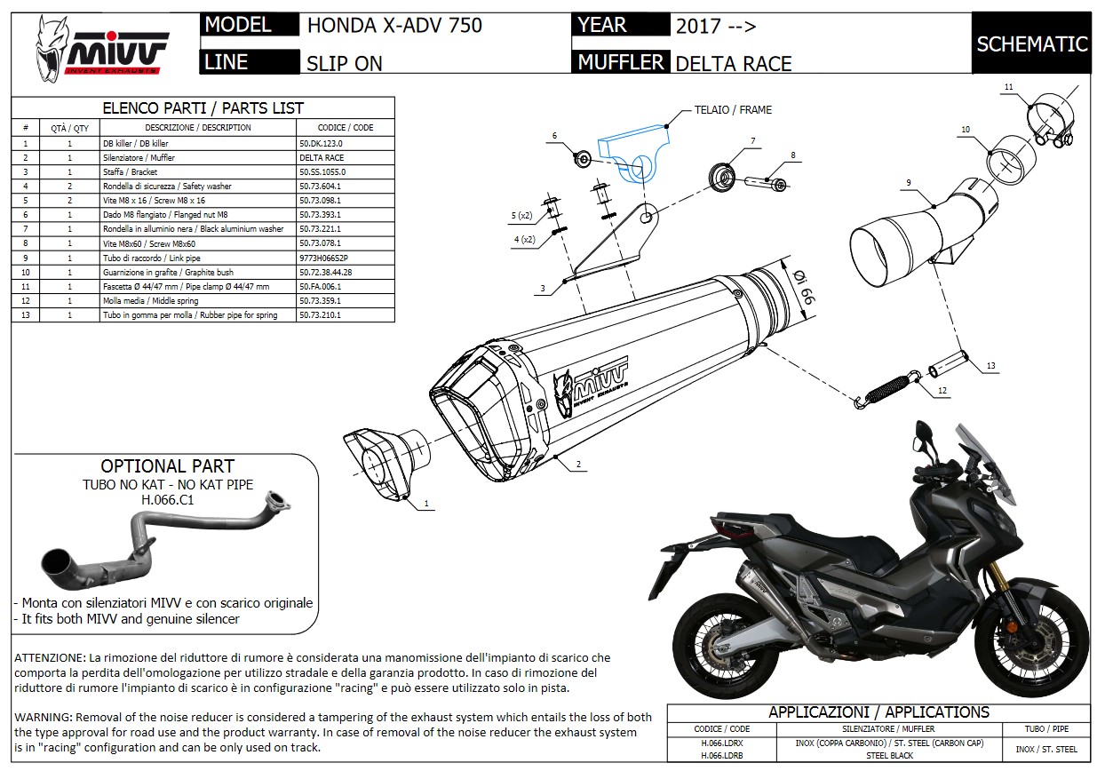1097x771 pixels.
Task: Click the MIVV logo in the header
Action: pos(101,51)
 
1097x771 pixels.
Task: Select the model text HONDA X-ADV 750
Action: pos(394,25)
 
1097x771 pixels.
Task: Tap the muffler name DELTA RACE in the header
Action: pos(733,63)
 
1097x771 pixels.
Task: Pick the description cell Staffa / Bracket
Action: pos(133,171)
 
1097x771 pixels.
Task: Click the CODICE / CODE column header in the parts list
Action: pos(345,128)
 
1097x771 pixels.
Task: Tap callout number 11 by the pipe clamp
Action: pos(1008,86)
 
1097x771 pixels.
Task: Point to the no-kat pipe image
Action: pos(160,542)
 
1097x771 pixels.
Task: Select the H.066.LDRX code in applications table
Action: pos(714,742)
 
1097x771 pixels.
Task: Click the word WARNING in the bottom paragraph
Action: pos(44,717)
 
